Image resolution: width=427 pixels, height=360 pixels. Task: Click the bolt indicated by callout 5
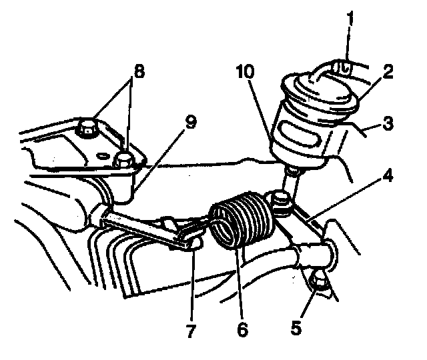(318, 283)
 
